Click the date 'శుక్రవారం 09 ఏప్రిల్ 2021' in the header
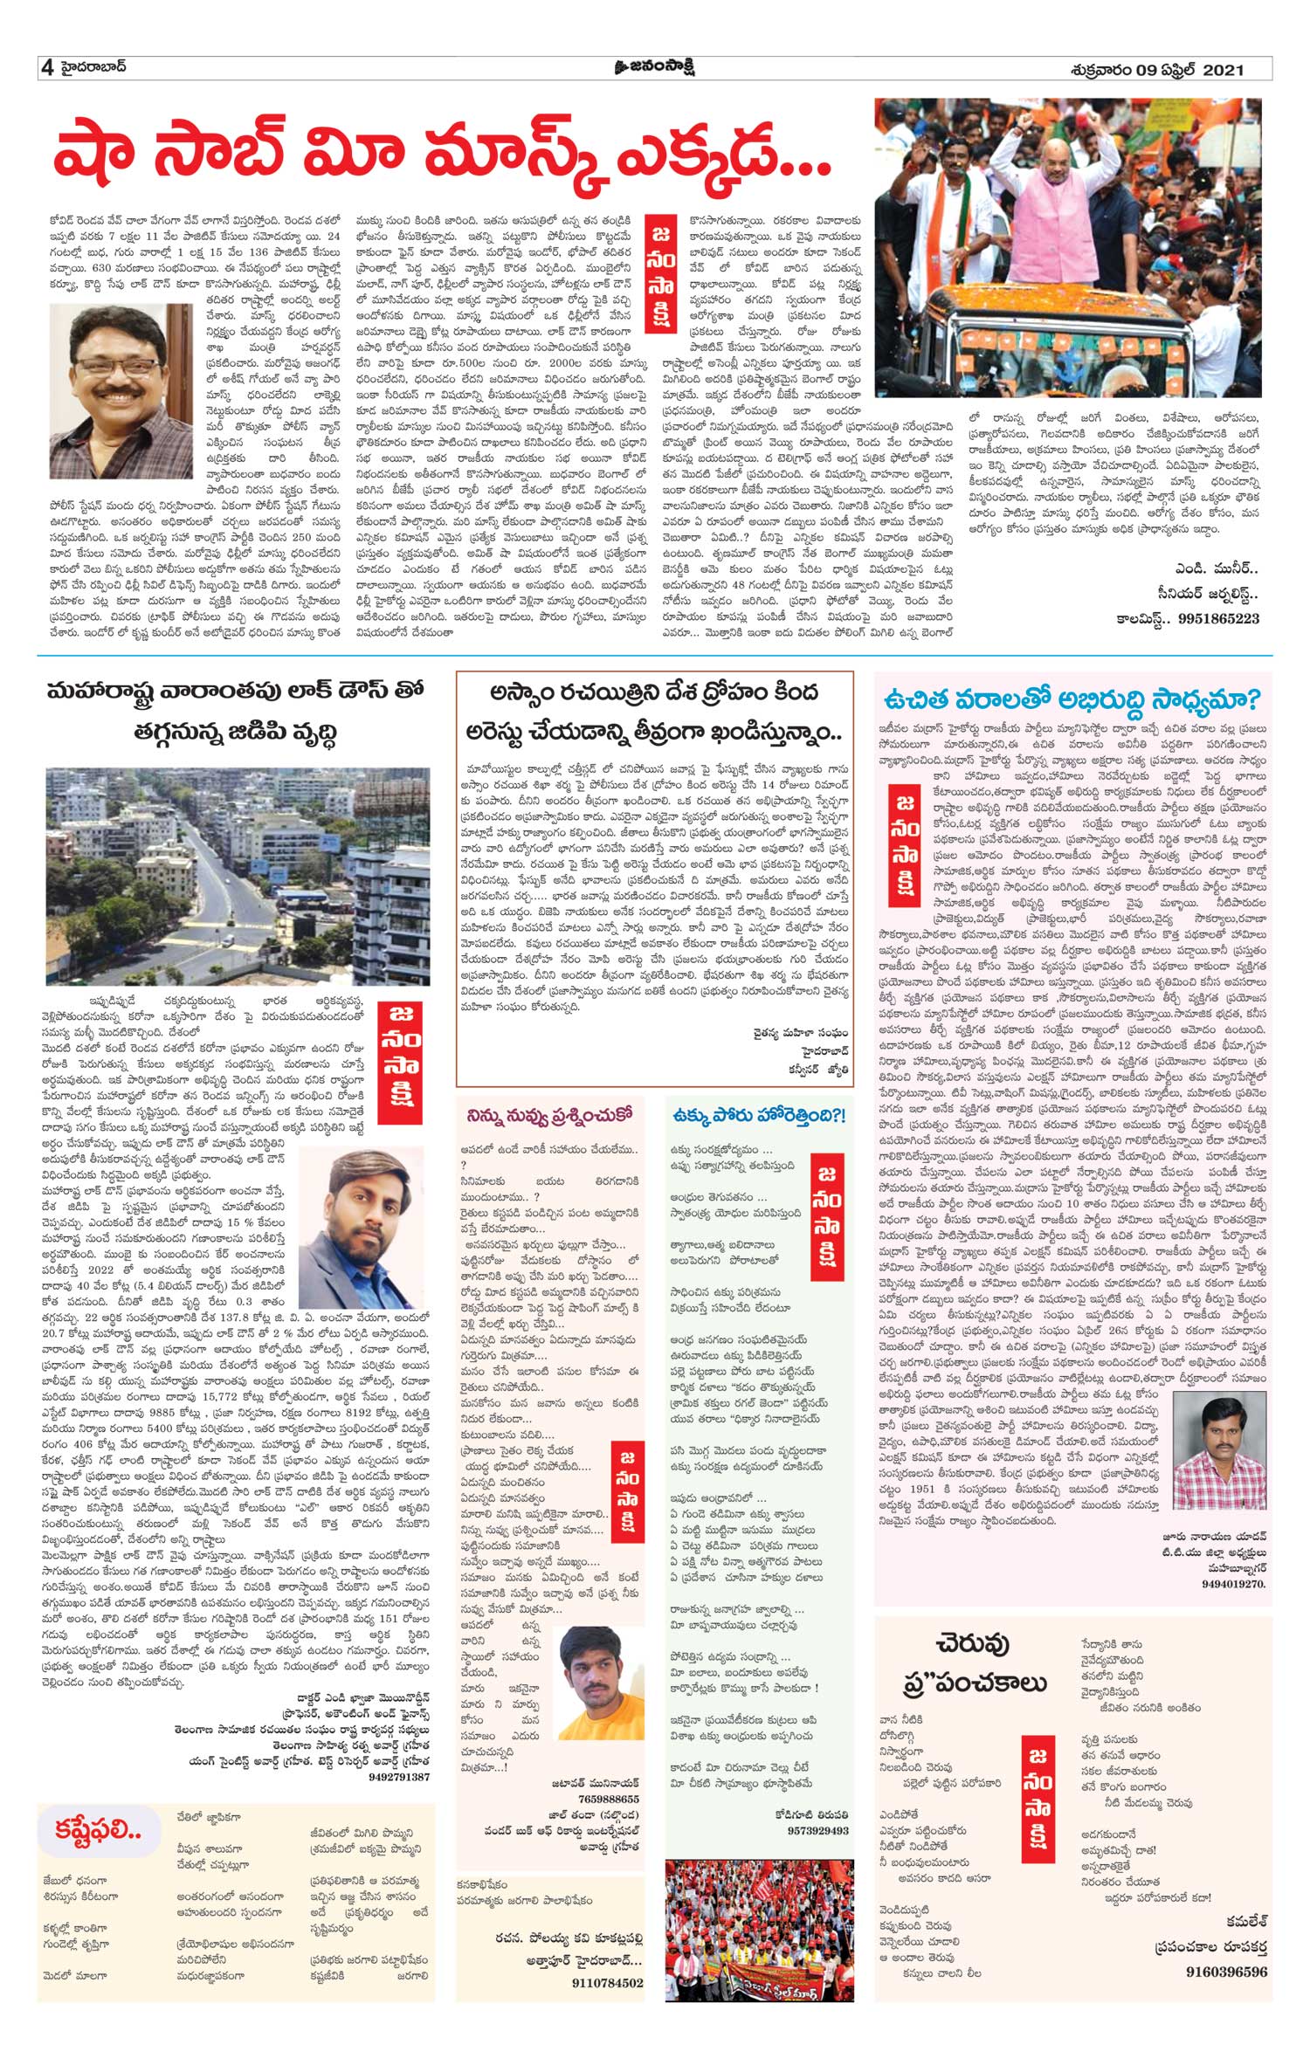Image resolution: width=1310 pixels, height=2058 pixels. click(1156, 69)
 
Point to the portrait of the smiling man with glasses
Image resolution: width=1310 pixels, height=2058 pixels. click(121, 393)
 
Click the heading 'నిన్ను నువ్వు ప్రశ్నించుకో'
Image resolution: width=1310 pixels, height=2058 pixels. click(548, 1115)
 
